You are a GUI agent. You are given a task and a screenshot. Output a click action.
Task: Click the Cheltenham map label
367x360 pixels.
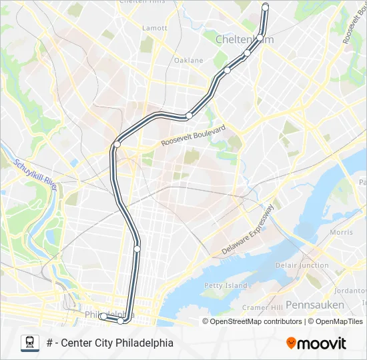coord(244,40)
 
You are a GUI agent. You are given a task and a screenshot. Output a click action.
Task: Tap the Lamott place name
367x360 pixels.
coord(155,28)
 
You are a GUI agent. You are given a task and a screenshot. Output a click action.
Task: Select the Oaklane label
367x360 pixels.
coord(188,60)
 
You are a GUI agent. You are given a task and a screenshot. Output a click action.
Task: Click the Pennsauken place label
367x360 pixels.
coord(315,305)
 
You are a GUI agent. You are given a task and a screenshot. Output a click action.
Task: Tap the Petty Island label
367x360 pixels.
coord(222,285)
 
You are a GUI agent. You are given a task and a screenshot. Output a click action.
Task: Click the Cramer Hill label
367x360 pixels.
coord(262,307)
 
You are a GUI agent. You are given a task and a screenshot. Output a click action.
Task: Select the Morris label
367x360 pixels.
coord(341,232)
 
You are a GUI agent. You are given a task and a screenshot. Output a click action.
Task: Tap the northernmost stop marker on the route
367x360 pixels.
coord(265,7)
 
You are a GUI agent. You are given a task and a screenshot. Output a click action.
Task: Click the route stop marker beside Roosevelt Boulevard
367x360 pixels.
coord(117,143)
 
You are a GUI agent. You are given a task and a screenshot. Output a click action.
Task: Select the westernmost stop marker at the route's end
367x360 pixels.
coord(102,317)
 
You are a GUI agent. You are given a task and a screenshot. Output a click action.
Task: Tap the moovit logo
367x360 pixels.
coord(316,343)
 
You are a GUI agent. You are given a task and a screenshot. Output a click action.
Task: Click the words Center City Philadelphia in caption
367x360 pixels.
coord(117,343)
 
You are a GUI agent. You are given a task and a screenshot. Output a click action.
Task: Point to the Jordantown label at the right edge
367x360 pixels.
coord(352,291)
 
